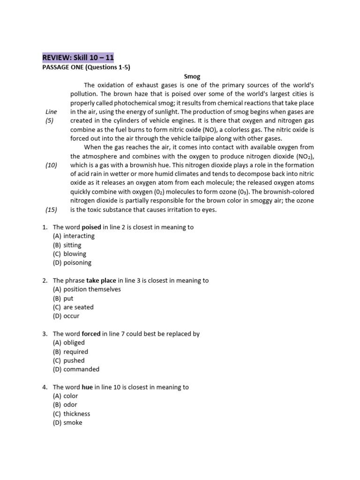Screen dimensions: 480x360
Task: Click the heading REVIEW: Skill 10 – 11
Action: (x=78, y=58)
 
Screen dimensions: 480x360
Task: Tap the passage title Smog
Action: (x=192, y=76)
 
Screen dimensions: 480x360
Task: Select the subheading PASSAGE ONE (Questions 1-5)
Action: (x=86, y=67)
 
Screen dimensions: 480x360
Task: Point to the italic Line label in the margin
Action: (x=51, y=112)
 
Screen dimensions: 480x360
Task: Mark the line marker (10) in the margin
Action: (x=51, y=165)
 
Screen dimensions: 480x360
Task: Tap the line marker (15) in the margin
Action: (x=51, y=210)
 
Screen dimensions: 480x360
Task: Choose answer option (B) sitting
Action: (x=67, y=245)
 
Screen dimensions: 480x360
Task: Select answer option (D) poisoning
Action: (x=72, y=262)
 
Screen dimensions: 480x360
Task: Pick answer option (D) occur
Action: (x=66, y=316)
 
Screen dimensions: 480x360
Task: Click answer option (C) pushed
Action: (x=69, y=360)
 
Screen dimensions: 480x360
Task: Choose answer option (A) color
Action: (x=66, y=396)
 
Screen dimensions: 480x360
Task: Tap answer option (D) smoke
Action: (x=67, y=422)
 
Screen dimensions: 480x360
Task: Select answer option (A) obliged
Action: (x=69, y=343)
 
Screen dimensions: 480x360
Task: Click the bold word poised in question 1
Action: (x=91, y=227)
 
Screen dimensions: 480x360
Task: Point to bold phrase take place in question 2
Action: (x=101, y=280)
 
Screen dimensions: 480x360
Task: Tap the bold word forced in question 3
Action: (x=91, y=334)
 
